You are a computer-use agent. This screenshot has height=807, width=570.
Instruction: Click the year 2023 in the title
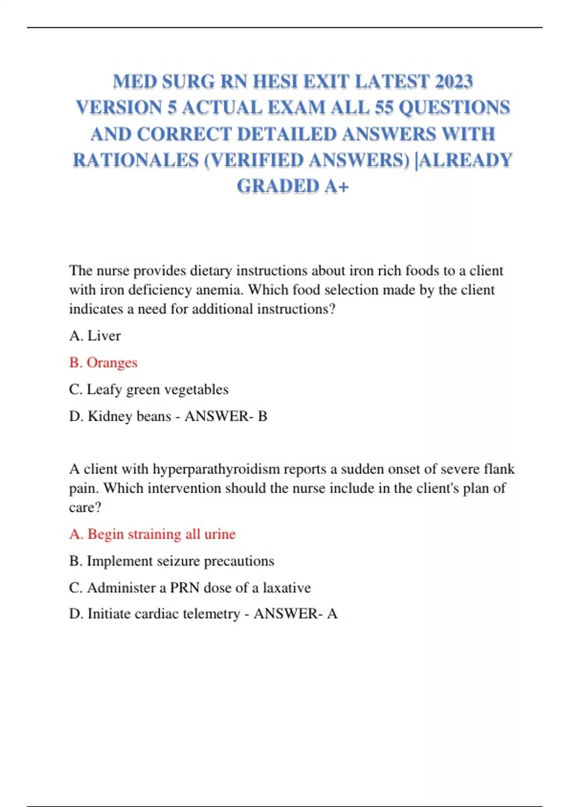click(x=455, y=82)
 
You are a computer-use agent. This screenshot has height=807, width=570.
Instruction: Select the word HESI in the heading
click(x=275, y=82)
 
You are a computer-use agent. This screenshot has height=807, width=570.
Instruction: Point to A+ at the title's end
click(x=337, y=186)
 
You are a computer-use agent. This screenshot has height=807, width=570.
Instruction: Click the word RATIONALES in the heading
click(x=135, y=160)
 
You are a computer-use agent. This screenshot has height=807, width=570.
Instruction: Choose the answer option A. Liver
click(x=95, y=336)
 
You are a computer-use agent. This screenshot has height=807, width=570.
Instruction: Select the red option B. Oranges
click(x=103, y=363)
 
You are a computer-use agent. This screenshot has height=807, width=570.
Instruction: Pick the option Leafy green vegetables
click(x=157, y=389)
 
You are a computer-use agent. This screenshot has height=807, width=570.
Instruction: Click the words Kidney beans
click(x=129, y=416)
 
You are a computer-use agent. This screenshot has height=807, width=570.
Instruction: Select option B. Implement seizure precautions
click(x=171, y=561)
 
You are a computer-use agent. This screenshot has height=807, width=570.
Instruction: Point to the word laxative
click(x=287, y=588)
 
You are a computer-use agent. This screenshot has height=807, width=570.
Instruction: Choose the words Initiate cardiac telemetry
click(x=163, y=614)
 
